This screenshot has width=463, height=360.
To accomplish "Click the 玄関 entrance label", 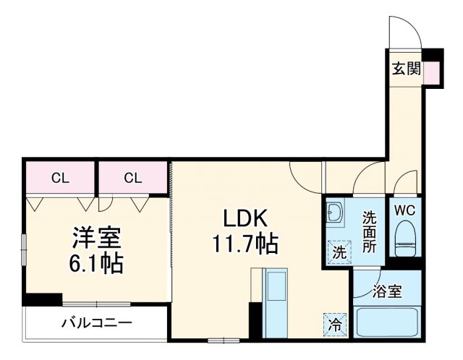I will point(406,69).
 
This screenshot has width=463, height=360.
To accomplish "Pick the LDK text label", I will point(245,218).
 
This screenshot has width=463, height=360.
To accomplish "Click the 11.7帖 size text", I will point(245,244).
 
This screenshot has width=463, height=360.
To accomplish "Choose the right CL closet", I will point(132,178).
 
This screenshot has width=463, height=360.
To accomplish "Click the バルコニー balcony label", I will point(96,322).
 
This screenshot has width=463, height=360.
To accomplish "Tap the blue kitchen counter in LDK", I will point(275,304).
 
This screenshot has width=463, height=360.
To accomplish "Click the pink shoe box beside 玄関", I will point(431,72).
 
